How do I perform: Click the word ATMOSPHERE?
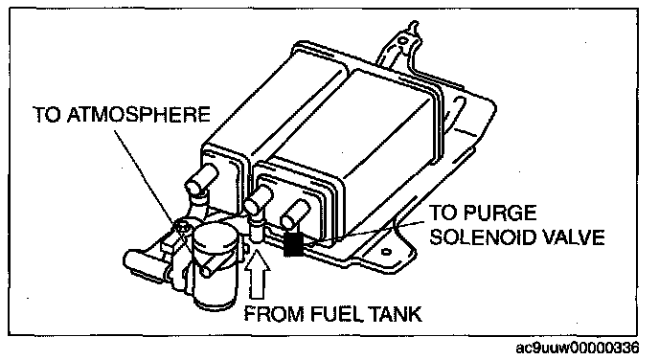point(139,115)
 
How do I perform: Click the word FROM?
point(275,314)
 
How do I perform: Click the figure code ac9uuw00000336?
point(578,348)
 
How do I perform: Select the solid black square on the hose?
point(293,244)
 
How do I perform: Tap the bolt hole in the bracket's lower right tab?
point(386,252)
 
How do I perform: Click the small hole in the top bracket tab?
point(402,41)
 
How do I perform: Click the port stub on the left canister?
point(201,177)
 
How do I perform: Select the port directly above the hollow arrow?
point(258,201)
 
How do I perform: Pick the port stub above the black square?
point(295,214)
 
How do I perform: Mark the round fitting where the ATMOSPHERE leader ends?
point(182,227)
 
